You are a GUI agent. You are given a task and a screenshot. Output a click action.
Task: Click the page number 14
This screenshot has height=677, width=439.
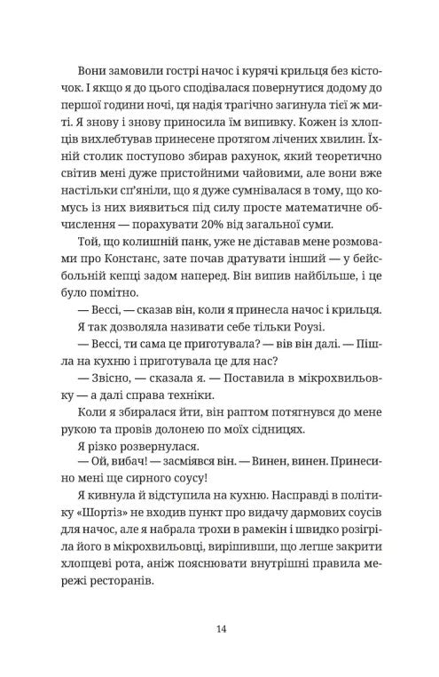[x=221, y=628]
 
